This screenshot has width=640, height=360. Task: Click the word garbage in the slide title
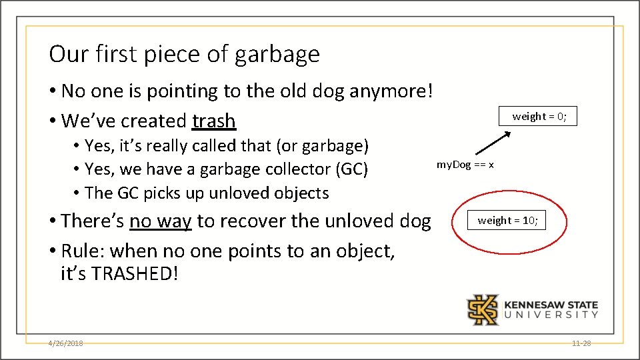[277, 55]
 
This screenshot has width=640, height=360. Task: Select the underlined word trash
[213, 121]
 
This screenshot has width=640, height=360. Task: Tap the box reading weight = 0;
[539, 117]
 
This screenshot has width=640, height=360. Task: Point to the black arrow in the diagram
[493, 145]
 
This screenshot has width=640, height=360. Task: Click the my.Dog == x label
[465, 164]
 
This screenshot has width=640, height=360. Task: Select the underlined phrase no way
[161, 221]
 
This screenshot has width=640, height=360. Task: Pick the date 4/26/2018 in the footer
[65, 343]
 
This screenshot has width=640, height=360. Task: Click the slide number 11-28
[581, 343]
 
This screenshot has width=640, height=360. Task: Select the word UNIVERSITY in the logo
[551, 315]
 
